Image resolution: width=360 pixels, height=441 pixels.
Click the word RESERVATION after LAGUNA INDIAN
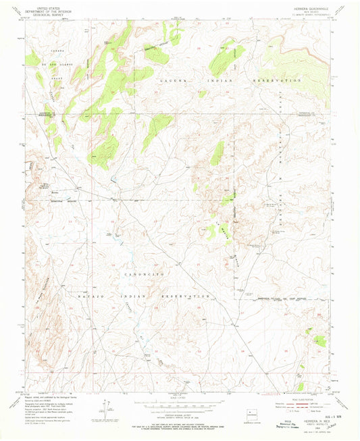274,80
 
